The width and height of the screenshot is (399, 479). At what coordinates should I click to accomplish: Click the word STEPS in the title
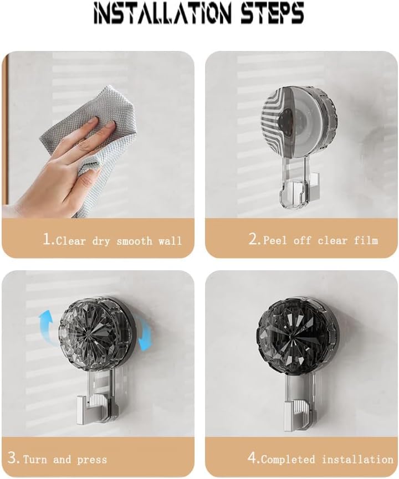272,14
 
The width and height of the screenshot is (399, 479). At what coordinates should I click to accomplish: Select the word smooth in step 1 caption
134,241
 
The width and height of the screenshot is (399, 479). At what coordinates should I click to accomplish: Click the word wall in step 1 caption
170,241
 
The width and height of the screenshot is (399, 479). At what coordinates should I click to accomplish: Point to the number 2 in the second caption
253,239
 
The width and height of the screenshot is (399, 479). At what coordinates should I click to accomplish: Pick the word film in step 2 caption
366,240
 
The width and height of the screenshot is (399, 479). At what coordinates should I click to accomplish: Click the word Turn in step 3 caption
34,460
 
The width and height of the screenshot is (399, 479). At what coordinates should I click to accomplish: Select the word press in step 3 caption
92,460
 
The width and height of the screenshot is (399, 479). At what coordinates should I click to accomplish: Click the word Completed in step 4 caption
288,460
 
